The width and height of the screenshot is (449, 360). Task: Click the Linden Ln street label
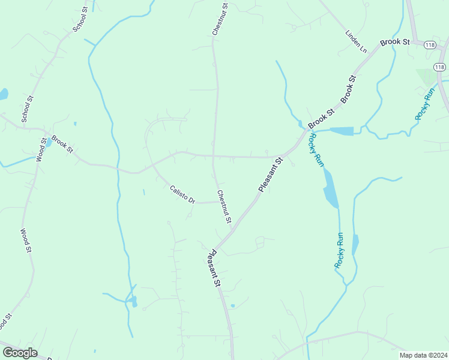356,41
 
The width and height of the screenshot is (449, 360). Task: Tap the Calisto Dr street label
182,194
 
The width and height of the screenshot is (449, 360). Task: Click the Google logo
20,353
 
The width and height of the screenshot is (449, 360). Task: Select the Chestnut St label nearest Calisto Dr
224,207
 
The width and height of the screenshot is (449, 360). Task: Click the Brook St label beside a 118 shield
394,43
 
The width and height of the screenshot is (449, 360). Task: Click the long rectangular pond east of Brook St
342,131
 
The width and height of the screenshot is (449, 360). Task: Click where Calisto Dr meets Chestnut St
217,202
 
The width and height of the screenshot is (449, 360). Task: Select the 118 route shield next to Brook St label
429,45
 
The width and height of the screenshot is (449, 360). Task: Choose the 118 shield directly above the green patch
440,67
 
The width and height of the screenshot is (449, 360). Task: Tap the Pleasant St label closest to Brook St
270,175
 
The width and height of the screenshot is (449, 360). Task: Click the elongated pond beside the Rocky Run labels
331,188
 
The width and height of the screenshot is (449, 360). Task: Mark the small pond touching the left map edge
3,94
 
